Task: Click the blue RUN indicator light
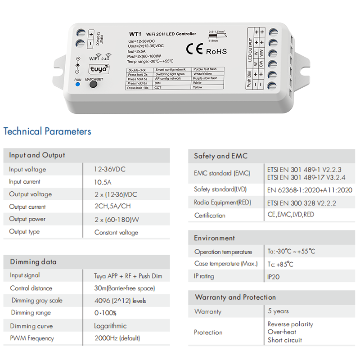78,84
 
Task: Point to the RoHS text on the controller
216,51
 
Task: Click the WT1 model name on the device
135,34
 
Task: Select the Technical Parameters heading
47,131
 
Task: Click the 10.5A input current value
103,182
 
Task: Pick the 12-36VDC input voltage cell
110,169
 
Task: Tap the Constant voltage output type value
116,232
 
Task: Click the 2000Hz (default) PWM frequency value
117,338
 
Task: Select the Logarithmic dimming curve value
110,326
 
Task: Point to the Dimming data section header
33,262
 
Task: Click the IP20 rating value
274,277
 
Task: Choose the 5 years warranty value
278,311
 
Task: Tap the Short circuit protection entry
285,340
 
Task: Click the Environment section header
214,238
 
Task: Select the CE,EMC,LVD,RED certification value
291,215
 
